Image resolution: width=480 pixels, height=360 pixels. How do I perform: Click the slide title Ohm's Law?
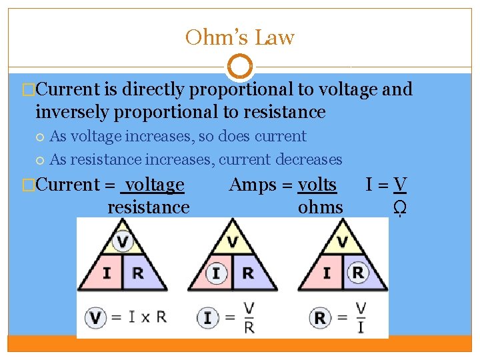tap(240, 37)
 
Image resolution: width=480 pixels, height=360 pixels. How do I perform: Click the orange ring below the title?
tap(240, 67)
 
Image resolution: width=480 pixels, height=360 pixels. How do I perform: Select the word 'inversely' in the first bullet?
tap(73, 112)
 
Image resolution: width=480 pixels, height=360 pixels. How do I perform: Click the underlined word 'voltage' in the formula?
tap(155, 185)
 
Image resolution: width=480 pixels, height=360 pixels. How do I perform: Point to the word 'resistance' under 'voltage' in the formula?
tap(148, 207)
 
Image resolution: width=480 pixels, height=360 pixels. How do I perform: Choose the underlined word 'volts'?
tap(317, 185)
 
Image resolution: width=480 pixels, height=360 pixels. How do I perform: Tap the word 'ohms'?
tap(320, 207)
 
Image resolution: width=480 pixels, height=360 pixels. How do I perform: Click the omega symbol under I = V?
tap(400, 208)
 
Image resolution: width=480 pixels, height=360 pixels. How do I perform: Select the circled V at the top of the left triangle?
tap(122, 241)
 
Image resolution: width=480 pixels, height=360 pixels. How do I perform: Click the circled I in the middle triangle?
tap(216, 273)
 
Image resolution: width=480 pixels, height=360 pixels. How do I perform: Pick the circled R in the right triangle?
tap(358, 273)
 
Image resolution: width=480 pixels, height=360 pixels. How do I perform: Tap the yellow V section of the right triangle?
tap(342, 241)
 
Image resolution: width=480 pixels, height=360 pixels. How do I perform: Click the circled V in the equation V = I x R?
tap(96, 317)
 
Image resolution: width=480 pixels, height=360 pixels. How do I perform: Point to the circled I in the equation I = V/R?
tap(208, 317)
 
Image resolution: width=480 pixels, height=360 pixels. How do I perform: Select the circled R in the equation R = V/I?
tap(321, 317)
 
